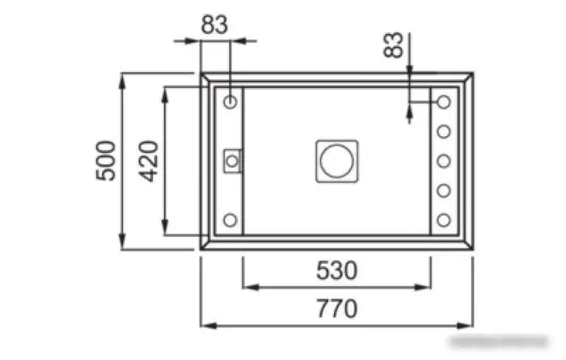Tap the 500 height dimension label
[x=105, y=160]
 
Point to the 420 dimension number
[x=148, y=160]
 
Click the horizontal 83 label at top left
[x=214, y=24]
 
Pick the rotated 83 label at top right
[x=394, y=45]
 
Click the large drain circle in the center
[x=336, y=161]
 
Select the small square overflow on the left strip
[x=232, y=160]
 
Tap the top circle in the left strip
[x=230, y=103]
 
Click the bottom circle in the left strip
[x=230, y=219]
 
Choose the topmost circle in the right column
[x=444, y=103]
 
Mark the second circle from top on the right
[x=444, y=131]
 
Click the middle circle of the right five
[x=444, y=161]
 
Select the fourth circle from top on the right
[x=444, y=190]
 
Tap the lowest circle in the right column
[x=444, y=219]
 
